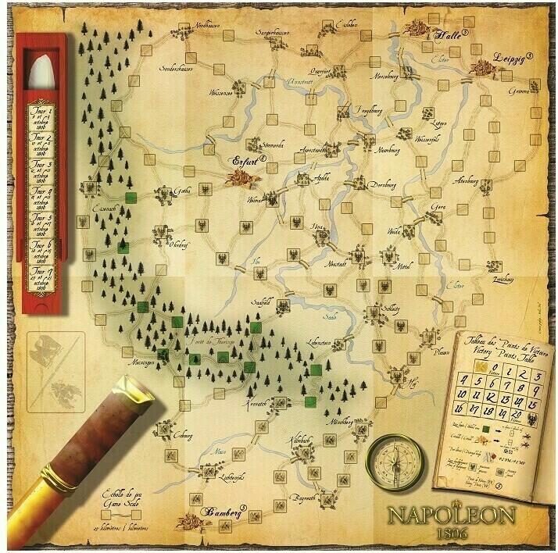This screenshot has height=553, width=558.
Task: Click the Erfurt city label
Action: coord(249,161)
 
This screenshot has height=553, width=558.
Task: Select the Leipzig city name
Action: coord(510,59)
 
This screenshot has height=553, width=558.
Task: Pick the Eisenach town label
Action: coord(104,209)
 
